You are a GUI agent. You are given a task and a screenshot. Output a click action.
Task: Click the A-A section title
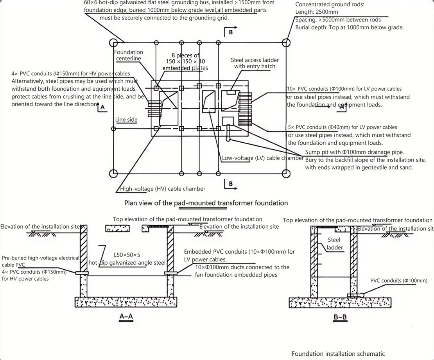click(126, 316)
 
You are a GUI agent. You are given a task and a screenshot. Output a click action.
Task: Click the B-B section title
click(340, 317)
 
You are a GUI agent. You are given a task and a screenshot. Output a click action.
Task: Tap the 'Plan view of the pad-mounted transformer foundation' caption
click(206, 203)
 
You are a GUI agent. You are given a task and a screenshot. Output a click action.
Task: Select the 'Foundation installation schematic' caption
click(338, 354)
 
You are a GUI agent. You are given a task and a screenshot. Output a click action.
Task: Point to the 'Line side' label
click(126, 120)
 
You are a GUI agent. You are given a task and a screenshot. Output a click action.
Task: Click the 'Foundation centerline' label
click(128, 55)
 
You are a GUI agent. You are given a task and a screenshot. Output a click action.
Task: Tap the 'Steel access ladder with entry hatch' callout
click(255, 63)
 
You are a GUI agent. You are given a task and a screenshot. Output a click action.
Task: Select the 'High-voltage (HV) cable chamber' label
click(163, 189)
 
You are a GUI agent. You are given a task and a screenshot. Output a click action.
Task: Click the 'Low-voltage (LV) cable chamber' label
click(263, 158)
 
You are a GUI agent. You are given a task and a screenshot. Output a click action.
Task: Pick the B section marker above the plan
click(231, 32)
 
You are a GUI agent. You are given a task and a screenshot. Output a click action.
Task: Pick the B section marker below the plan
click(231, 184)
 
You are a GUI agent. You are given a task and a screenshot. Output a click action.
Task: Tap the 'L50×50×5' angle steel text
click(127, 255)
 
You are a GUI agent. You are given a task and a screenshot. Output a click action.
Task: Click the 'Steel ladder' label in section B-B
click(334, 244)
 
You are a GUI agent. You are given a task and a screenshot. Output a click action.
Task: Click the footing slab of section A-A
click(126, 302)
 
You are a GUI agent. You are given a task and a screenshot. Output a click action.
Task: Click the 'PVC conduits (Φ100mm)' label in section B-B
click(399, 281)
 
